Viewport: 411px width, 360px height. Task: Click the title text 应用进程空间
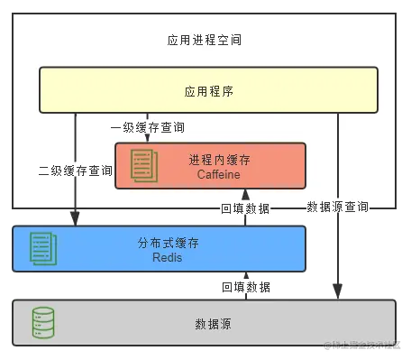tap(205, 41)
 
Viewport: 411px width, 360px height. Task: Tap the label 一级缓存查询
tap(147, 128)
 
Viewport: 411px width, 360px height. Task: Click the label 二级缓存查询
tap(76, 170)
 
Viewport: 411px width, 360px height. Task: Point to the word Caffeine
tap(220, 173)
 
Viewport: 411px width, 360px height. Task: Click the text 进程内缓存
tap(220, 159)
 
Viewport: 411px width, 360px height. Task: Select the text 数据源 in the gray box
tap(213, 323)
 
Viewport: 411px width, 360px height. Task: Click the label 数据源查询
tap(337, 207)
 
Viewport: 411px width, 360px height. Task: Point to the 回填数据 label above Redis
tap(245, 208)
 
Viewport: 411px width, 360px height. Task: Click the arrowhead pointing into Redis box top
tap(75, 219)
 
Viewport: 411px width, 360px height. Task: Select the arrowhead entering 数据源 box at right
tap(337, 291)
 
